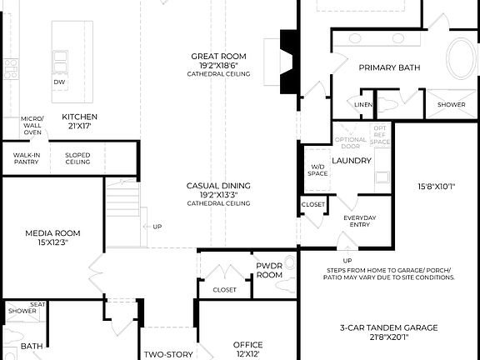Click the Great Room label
click(218, 57)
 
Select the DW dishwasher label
click(59, 82)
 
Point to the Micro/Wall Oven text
click(32, 125)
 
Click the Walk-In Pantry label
click(26, 158)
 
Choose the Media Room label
click(52, 233)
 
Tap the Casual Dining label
click(218, 186)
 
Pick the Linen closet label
click(363, 105)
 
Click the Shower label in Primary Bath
click(452, 105)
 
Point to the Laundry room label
click(351, 160)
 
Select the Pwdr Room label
click(269, 269)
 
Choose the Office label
click(247, 344)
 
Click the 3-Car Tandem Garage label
click(388, 327)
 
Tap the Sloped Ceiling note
click(77, 158)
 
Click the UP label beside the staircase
click(157, 226)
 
